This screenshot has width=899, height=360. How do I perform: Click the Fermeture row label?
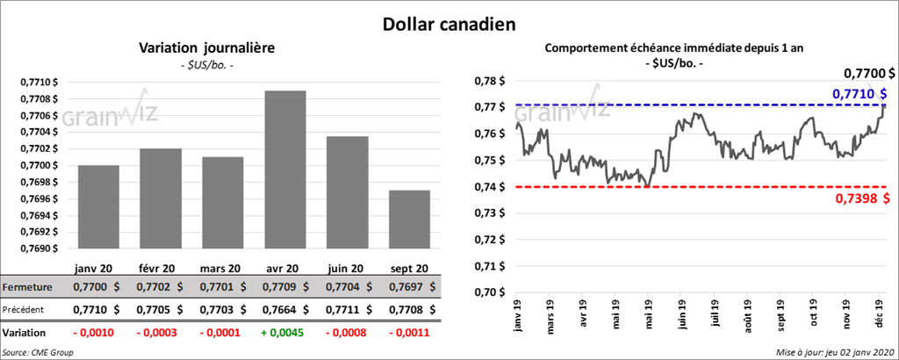coord(27,287)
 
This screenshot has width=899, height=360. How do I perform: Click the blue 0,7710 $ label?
coord(859,92)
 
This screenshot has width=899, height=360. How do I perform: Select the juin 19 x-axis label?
coord(681,314)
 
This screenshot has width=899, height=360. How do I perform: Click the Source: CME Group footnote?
coord(38,351)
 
